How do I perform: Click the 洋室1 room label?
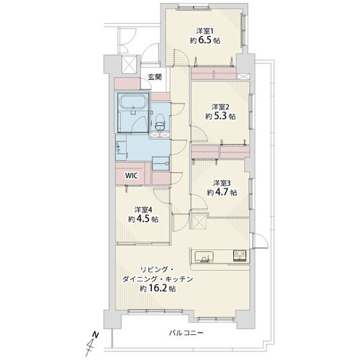point(204,31)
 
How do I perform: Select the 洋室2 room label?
point(220,107)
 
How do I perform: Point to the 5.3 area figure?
point(220,116)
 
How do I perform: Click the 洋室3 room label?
point(222,183)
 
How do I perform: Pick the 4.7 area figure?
point(222,192)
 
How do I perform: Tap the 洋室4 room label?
point(143,210)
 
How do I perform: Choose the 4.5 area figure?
point(143,219)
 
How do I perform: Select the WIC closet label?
point(131,176)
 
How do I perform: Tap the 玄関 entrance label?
point(155,77)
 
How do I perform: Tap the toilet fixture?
point(160,122)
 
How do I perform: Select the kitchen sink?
point(204,257)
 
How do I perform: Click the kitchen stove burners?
point(240,256)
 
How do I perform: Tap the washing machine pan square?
point(161,163)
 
